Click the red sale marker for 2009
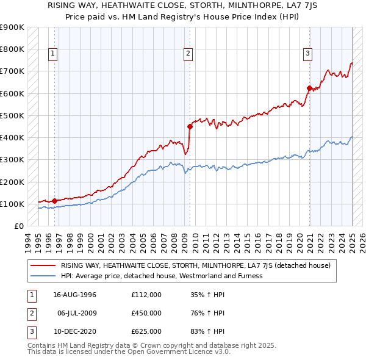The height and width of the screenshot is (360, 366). click(190, 127)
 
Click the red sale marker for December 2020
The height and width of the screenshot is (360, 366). click(309, 88)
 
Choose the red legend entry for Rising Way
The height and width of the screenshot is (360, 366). click(195, 265)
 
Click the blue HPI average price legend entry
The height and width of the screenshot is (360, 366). click(162, 276)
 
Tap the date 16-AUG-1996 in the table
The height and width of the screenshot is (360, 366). click(75, 295)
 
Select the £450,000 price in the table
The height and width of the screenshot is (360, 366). click(146, 313)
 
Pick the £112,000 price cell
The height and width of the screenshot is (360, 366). click(146, 295)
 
